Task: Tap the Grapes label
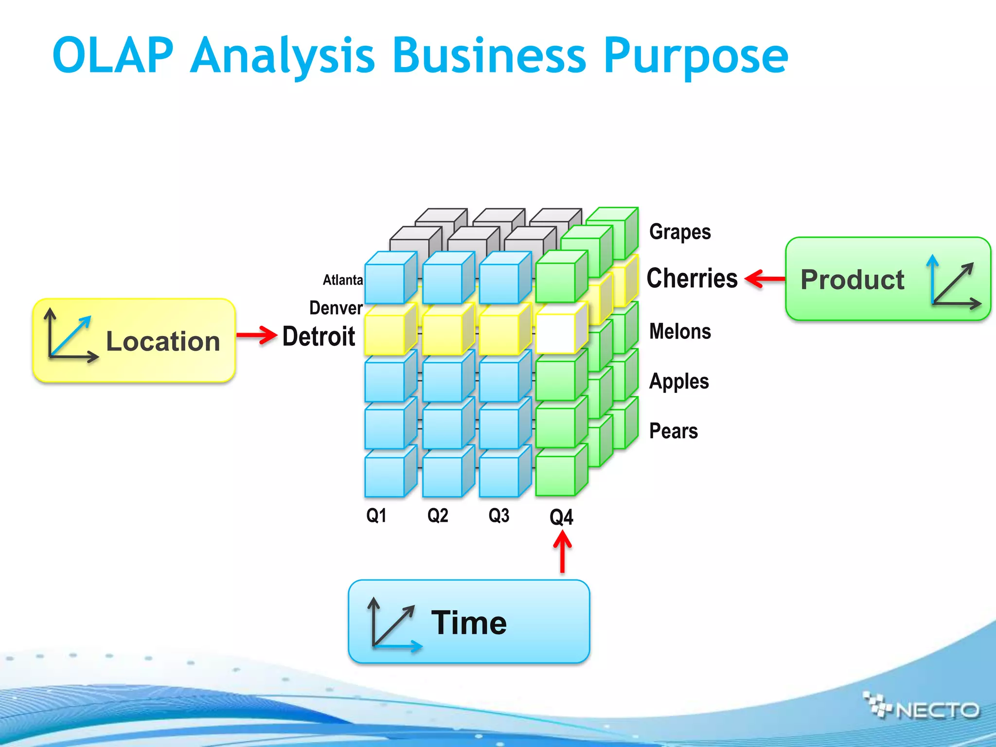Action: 679,232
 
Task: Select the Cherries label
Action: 692,278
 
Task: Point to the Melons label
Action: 680,332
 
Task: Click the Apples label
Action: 679,382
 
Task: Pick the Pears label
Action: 674,431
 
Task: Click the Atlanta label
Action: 343,280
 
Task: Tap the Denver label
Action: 336,308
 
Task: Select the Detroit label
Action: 319,337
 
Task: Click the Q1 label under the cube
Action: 376,516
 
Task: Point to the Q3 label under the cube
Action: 499,516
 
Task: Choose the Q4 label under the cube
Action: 561,517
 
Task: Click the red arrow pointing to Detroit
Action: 257,335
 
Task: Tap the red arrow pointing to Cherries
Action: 765,279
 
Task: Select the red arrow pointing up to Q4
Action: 562,552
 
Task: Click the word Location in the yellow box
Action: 163,341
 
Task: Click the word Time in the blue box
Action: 469,623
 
